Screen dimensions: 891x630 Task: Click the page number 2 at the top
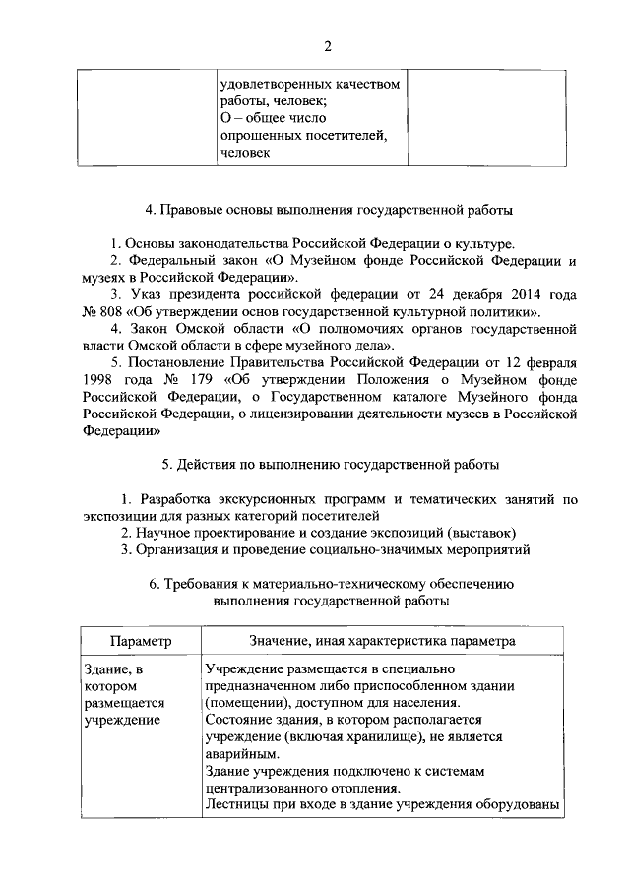(328, 44)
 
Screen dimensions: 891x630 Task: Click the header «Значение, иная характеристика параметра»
(382, 640)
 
